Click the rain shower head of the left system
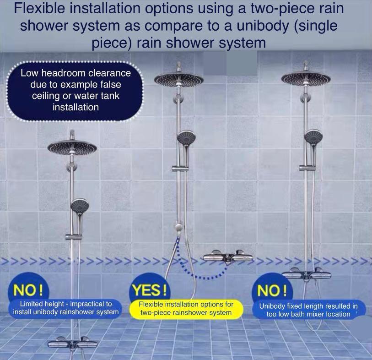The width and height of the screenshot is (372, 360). pos(72,147)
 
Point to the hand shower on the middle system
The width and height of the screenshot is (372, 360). pos(186,137)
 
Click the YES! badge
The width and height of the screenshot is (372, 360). pos(150,290)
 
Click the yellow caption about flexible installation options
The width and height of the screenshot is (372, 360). pos(186,309)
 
